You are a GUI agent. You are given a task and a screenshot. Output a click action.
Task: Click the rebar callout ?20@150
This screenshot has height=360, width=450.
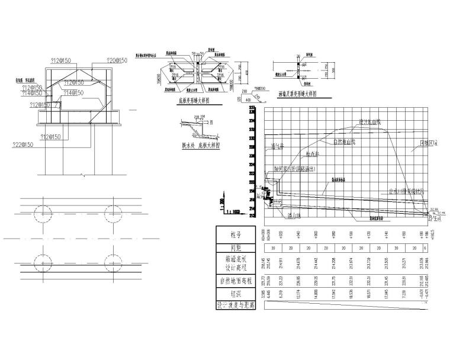[x=116, y=60]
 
